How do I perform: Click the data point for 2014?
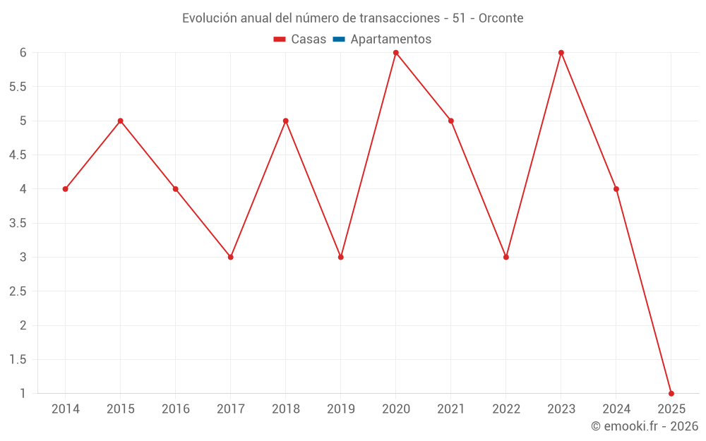point(65,189)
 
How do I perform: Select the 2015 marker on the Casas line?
point(120,121)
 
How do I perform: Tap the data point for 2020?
point(395,53)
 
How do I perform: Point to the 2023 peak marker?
point(561,53)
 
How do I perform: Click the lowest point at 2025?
point(671,394)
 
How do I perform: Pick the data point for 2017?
point(230,257)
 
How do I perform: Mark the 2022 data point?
point(506,257)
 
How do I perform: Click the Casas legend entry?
point(309,40)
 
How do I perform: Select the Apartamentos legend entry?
point(390,40)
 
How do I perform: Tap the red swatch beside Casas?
point(280,40)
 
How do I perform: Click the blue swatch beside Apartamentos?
point(339,40)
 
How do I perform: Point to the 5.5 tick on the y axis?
point(18,87)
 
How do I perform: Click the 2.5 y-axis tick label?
point(18,291)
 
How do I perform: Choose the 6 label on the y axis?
point(23,53)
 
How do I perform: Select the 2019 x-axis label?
point(340,409)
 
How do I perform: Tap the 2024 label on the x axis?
point(616,409)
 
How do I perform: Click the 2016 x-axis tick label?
point(175,409)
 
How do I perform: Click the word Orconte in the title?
point(501,18)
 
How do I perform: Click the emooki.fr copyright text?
point(645,426)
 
